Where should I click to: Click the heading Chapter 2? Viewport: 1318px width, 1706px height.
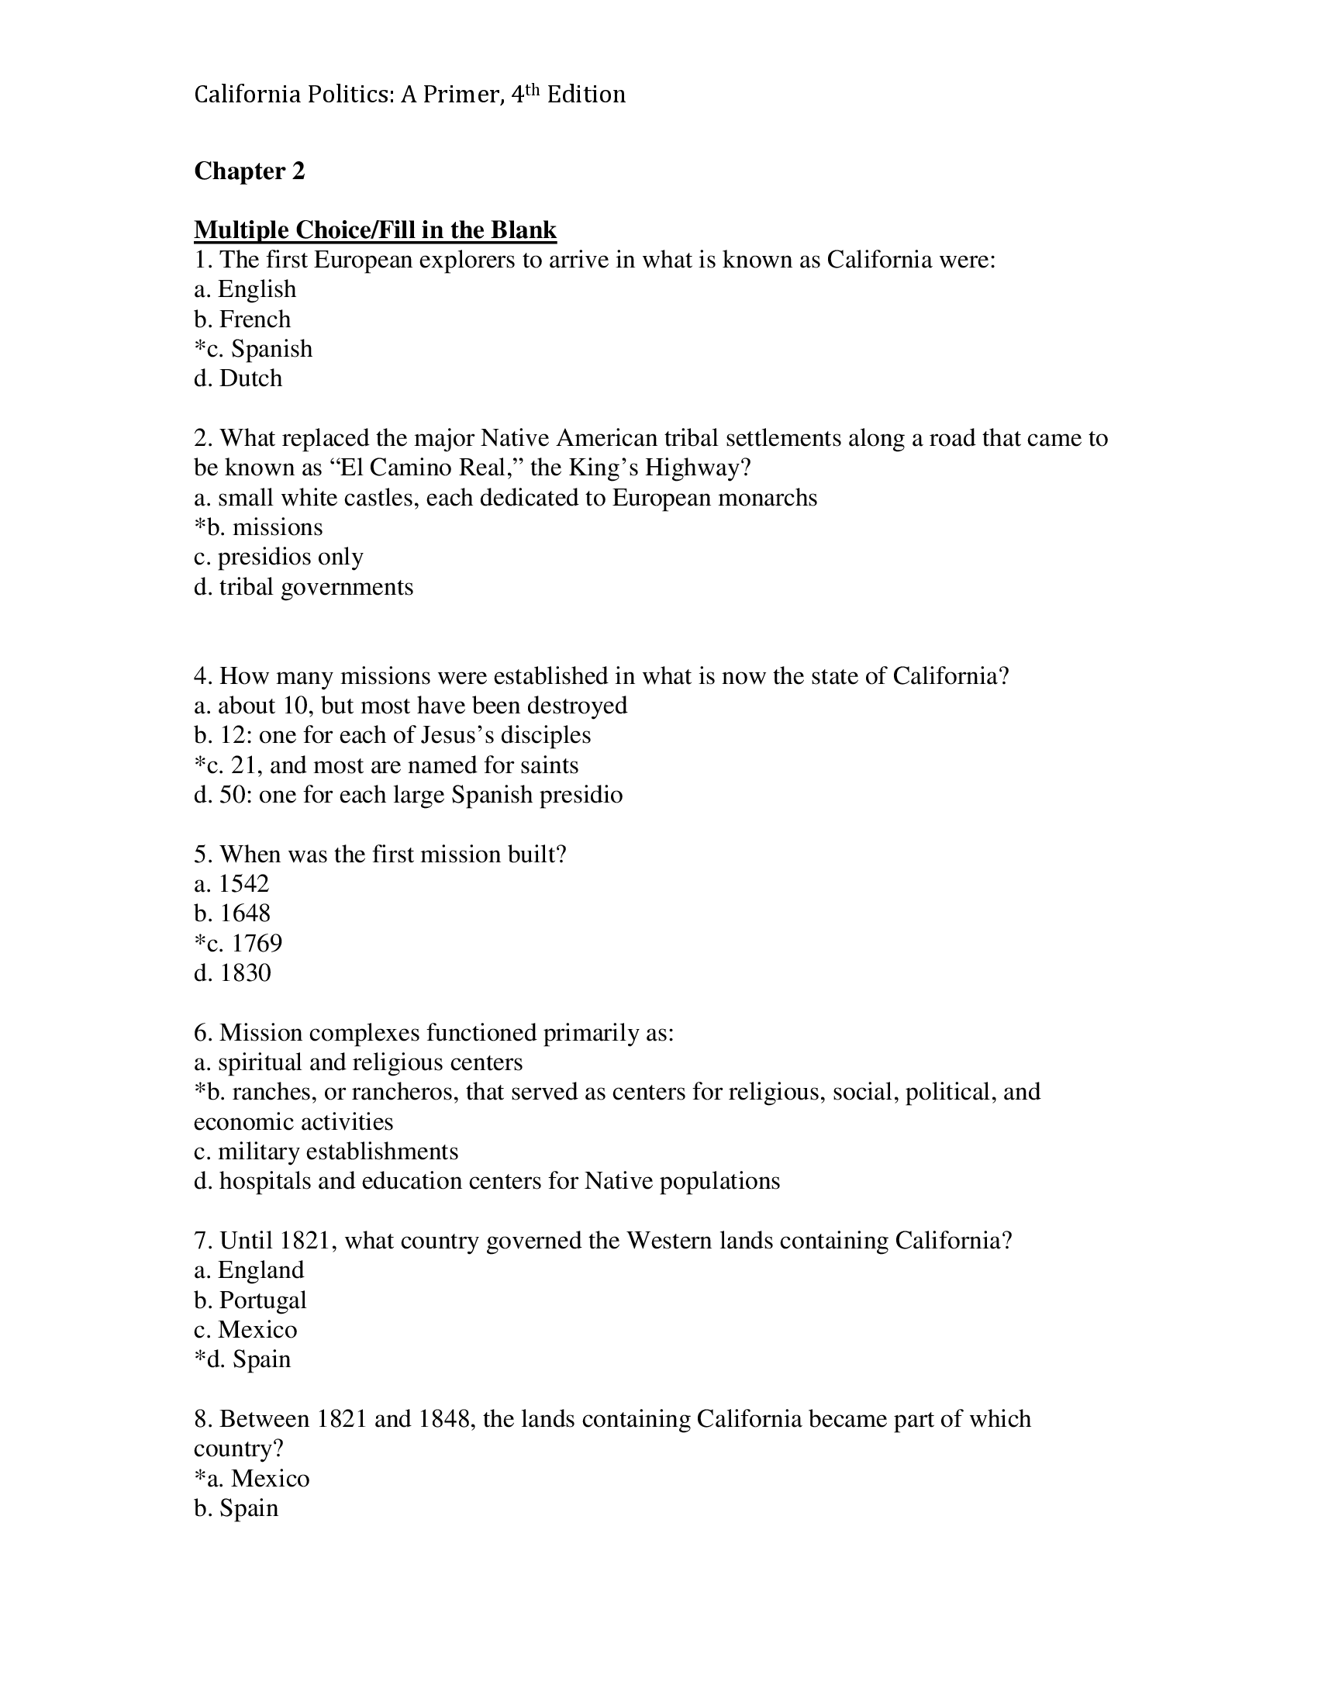249,171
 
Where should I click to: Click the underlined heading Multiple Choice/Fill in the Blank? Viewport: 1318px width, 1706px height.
374,230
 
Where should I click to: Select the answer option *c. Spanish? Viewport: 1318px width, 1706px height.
253,348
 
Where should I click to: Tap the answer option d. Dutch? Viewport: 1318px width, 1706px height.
238,378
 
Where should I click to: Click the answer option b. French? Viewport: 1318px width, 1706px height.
242,319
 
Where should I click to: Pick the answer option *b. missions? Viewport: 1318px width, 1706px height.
257,527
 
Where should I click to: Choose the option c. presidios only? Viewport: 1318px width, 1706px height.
278,557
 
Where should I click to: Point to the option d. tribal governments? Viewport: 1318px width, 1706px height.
303,587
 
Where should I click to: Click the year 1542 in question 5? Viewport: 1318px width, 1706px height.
243,883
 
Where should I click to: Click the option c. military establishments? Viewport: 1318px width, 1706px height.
326,1152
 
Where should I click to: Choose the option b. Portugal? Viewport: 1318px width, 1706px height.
250,1300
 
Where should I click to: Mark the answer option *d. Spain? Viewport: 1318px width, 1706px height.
242,1359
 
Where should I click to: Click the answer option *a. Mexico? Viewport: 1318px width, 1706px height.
251,1478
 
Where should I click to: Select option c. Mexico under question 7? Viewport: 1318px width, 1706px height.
245,1329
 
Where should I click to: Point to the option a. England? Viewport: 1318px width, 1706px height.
248,1270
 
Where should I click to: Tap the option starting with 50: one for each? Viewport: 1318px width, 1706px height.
408,794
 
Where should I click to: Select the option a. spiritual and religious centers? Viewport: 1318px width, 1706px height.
357,1062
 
